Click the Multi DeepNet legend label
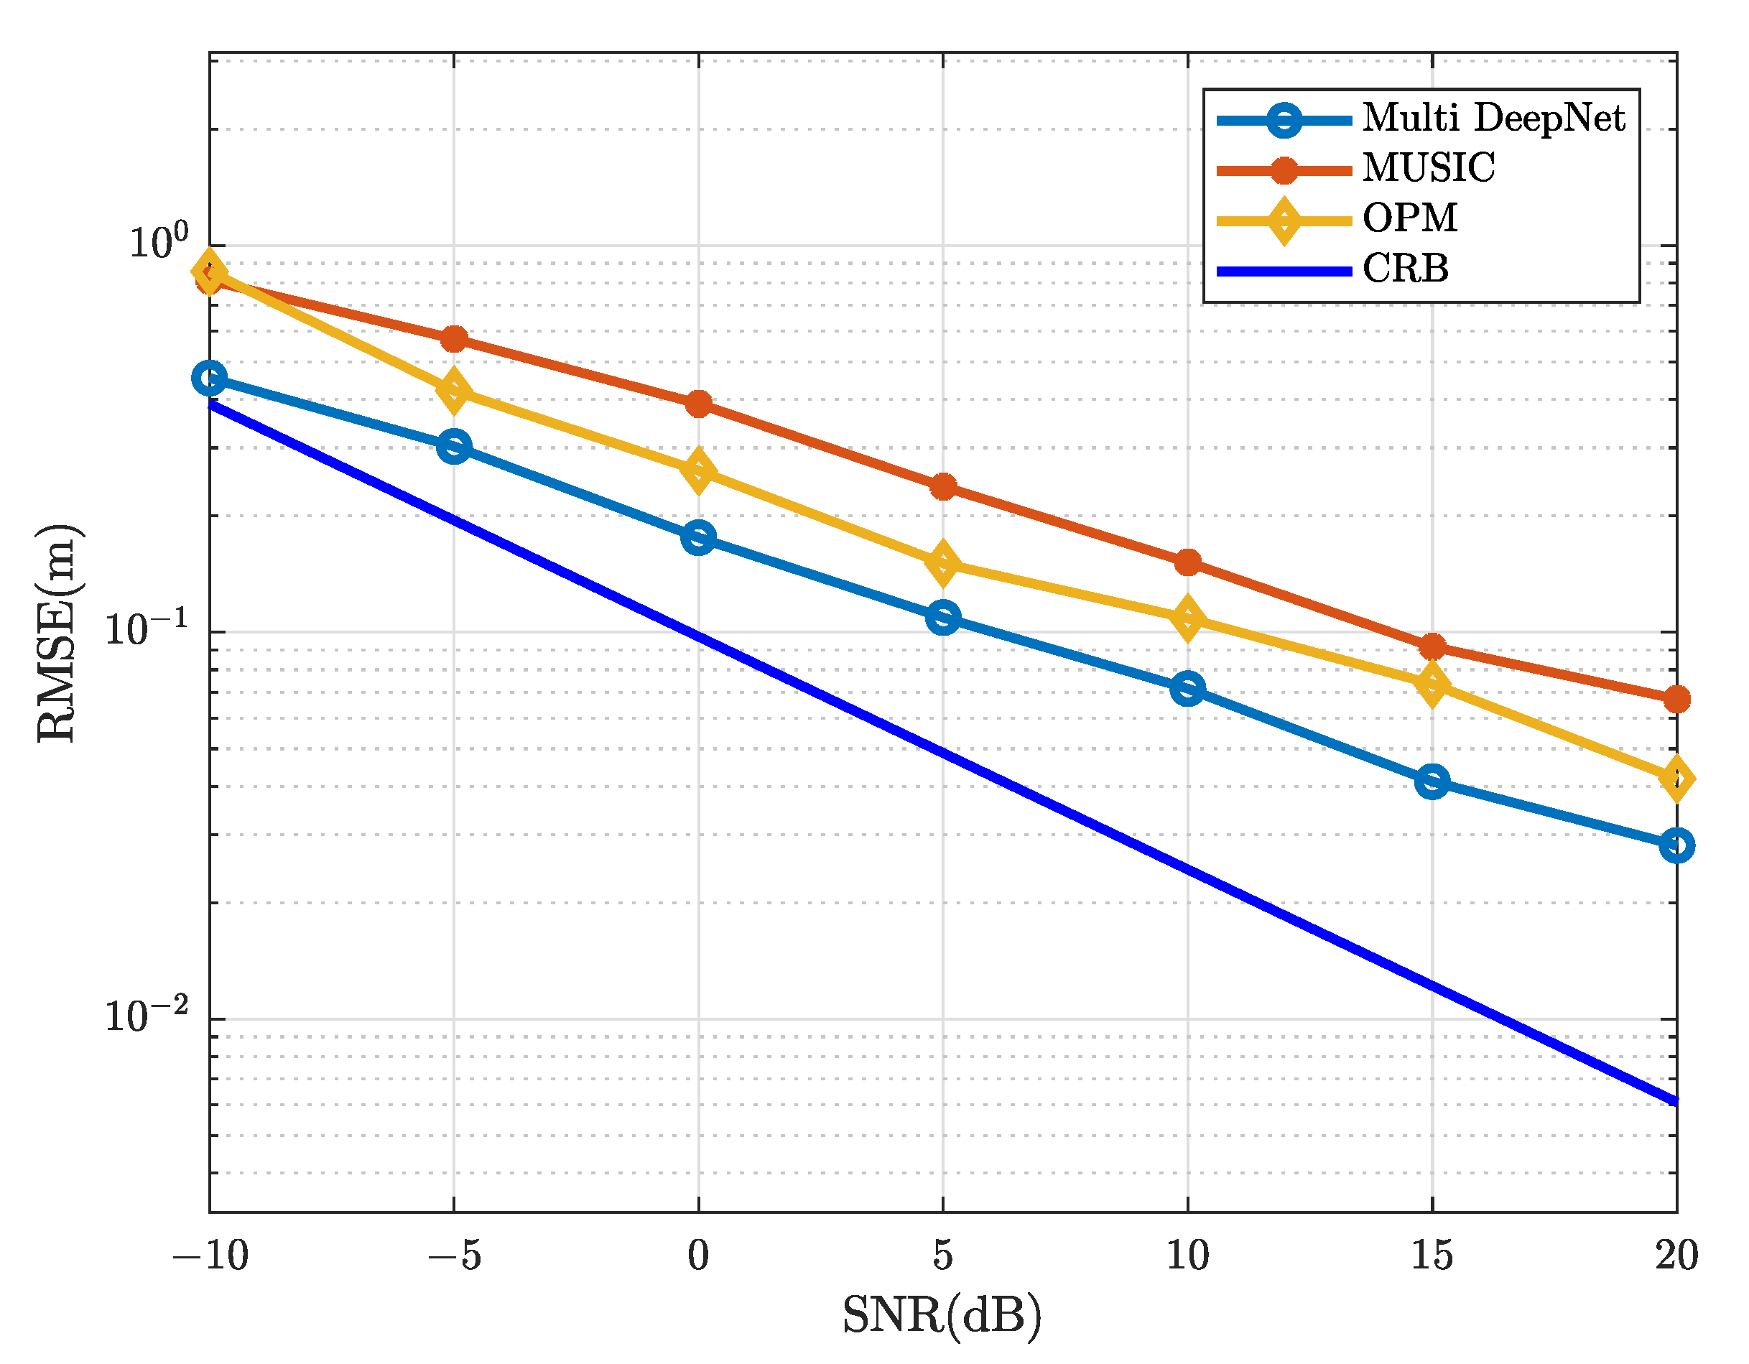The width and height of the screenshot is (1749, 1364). click(1493, 119)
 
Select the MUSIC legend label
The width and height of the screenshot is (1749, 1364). click(1428, 169)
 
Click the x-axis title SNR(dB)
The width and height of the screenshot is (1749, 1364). click(942, 1315)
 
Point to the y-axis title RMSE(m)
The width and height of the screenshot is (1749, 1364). click(57, 634)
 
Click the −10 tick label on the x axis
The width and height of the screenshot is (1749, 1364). click(210, 1256)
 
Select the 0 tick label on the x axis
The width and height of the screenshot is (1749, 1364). click(698, 1256)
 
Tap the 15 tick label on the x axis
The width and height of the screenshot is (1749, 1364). click(1432, 1256)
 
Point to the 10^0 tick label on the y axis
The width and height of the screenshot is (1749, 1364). click(159, 242)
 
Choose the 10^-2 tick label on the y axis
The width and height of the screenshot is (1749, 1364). click(147, 1016)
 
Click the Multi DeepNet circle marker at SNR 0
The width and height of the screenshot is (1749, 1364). click(698, 537)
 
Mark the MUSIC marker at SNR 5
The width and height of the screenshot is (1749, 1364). click(943, 486)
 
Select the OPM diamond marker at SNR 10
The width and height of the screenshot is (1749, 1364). click(1187, 618)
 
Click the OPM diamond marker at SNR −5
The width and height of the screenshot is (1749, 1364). click(454, 391)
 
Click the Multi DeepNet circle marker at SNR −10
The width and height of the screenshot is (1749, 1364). click(210, 377)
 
